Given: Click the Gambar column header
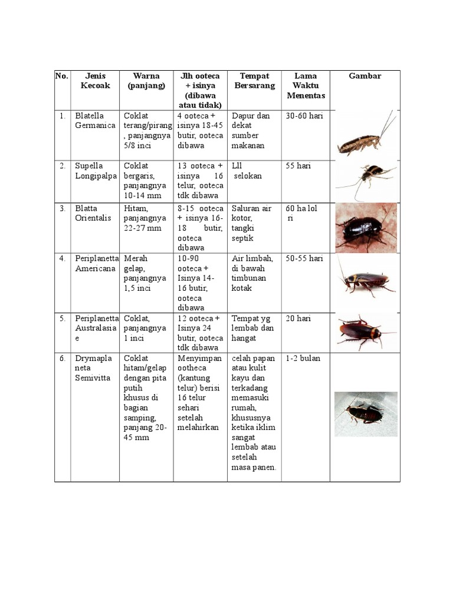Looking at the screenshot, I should (x=365, y=76).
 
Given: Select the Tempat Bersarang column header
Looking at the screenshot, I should (x=254, y=81).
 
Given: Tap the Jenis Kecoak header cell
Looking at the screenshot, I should (x=95, y=81).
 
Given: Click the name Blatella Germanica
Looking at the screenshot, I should (x=95, y=121).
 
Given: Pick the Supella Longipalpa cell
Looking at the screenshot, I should (x=95, y=171).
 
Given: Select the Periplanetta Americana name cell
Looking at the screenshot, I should (x=97, y=263).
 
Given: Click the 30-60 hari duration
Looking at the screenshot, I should (x=304, y=116).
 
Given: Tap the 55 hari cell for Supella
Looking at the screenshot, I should (x=298, y=166).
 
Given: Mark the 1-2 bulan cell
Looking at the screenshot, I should (x=303, y=359).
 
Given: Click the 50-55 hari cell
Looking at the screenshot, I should (x=304, y=259).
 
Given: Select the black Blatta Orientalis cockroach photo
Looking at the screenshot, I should (x=366, y=228).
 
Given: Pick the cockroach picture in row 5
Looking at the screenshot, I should (x=365, y=331).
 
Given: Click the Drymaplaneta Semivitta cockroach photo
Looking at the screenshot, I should (x=366, y=413).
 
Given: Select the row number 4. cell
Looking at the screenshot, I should (x=63, y=259).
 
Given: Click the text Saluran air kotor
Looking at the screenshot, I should (x=252, y=214).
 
